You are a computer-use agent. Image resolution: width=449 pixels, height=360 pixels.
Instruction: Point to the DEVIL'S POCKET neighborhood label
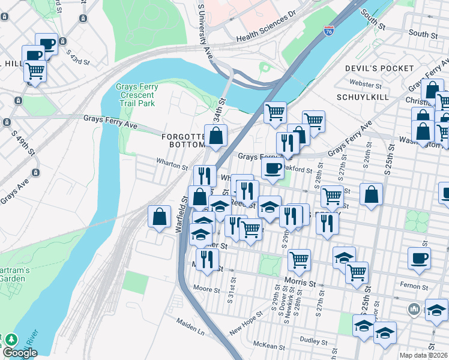click(379, 68)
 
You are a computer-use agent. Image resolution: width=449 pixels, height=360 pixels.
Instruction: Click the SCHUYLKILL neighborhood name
click(363, 97)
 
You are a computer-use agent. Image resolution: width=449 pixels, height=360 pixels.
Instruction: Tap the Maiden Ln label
click(191, 331)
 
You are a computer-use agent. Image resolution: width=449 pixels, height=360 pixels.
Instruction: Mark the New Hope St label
click(246, 323)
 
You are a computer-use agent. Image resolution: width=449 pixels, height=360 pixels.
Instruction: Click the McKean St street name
click(268, 345)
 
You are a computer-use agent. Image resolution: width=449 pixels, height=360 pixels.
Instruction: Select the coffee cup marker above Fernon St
click(419, 257)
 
